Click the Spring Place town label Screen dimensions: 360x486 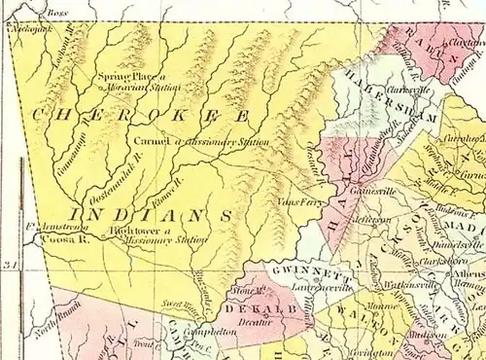coord(122,76)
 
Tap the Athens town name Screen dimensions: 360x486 coord(468,273)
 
